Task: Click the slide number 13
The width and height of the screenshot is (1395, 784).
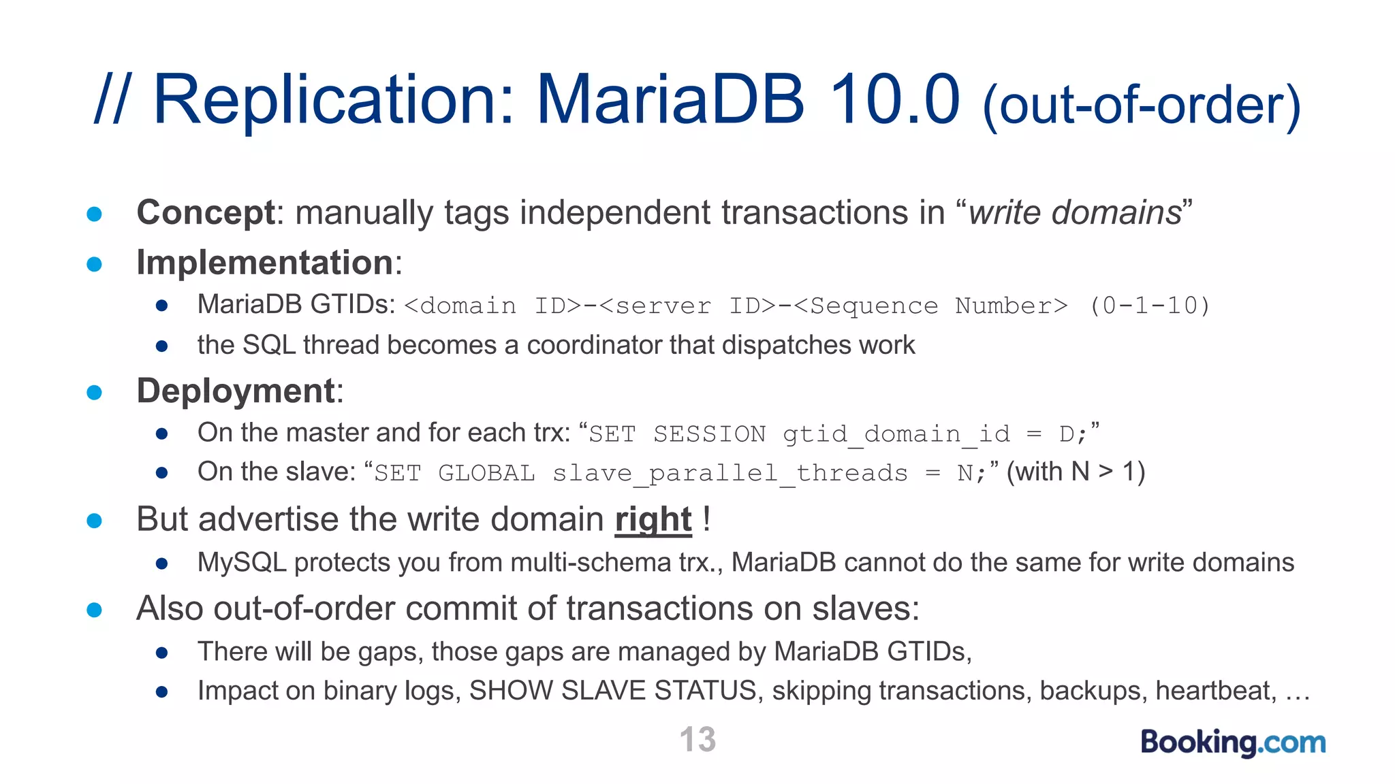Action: pyautogui.click(x=697, y=739)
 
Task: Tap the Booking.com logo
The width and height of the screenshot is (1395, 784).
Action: pyautogui.click(x=1233, y=742)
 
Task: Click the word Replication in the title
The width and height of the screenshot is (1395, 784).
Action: pyautogui.click(x=334, y=100)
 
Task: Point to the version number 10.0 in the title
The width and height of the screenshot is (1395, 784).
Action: pyautogui.click(x=894, y=100)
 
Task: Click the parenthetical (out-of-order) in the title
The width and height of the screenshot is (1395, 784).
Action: pyautogui.click(x=1142, y=105)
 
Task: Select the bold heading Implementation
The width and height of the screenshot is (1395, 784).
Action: pyautogui.click(x=265, y=263)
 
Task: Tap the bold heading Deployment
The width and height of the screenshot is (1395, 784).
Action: pyautogui.click(x=236, y=391)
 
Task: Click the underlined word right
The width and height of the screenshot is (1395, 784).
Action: pyautogui.click(x=653, y=520)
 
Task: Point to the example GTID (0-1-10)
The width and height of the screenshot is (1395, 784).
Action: pyautogui.click(x=1150, y=306)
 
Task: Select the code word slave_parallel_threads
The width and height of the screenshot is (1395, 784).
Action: pyautogui.click(x=730, y=473)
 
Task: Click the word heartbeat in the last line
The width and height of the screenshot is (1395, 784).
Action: pyautogui.click(x=1216, y=691)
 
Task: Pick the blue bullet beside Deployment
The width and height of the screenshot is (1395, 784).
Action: pyautogui.click(x=95, y=392)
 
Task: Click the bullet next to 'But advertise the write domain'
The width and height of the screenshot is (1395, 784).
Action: pyautogui.click(x=95, y=521)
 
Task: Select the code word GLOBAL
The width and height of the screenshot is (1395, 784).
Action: pyautogui.click(x=486, y=473)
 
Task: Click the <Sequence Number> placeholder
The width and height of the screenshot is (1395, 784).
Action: pyautogui.click(x=930, y=306)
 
